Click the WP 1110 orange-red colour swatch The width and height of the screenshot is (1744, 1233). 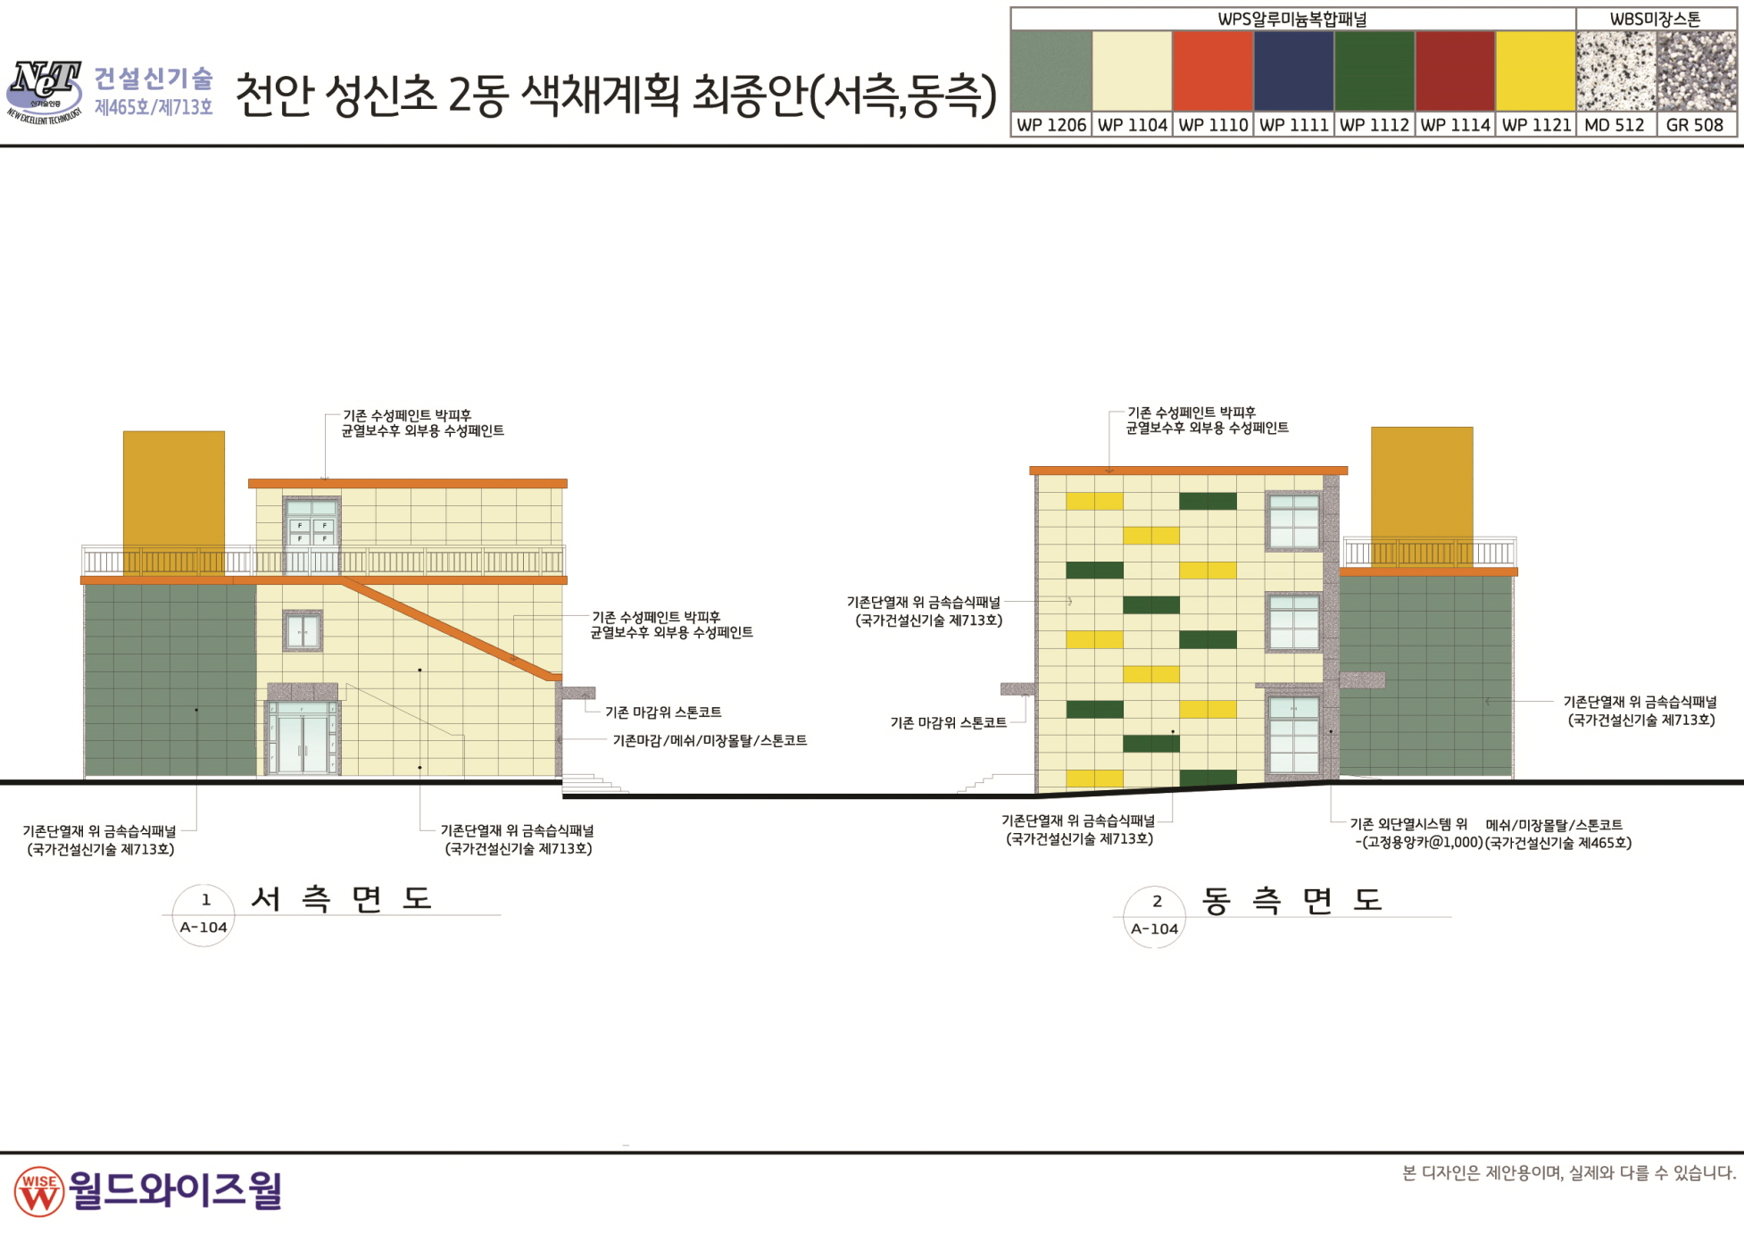[1212, 71]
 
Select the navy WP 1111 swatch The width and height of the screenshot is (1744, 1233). [1293, 71]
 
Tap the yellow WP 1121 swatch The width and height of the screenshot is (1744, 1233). [1535, 71]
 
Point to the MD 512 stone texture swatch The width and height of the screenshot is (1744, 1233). [1615, 71]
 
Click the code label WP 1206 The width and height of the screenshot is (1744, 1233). [1051, 125]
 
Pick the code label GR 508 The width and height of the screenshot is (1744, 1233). [1695, 125]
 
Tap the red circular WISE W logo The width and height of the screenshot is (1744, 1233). [39, 1191]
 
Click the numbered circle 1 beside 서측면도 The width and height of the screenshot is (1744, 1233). [203, 914]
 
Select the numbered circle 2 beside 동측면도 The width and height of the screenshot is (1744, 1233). [1155, 916]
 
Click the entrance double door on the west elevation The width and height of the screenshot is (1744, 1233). [303, 737]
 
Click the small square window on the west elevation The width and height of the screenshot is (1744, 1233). [303, 631]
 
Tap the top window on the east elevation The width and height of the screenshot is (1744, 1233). [1294, 521]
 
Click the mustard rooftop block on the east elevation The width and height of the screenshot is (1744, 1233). [1422, 496]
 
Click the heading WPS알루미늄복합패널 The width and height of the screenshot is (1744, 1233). [1291, 19]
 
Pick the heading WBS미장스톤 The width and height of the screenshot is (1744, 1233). [1655, 19]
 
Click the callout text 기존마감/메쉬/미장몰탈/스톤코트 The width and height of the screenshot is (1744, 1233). [710, 740]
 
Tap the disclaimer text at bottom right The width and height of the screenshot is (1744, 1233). [1568, 1173]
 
